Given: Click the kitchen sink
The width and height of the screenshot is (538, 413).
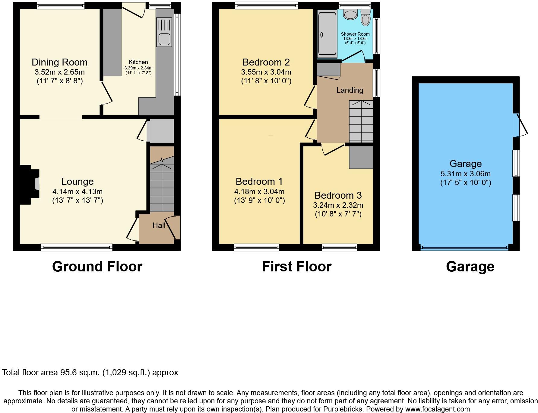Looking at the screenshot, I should click(x=164, y=32).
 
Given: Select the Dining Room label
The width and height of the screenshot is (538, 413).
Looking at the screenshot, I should click(x=60, y=62).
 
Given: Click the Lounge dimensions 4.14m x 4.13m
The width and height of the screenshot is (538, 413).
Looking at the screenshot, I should click(x=78, y=191).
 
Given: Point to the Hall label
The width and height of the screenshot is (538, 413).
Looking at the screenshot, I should click(x=159, y=225).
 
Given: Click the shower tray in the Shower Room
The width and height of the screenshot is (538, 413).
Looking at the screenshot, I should click(x=327, y=33).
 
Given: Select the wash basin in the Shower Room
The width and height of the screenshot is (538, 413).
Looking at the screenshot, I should click(x=350, y=14).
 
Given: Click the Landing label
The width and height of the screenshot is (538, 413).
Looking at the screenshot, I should click(x=350, y=90).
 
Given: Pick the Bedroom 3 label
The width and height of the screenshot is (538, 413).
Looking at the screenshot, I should click(x=338, y=195).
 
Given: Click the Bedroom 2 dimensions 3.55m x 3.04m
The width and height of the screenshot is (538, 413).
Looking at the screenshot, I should click(x=266, y=72).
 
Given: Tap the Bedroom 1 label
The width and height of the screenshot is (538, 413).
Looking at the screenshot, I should click(x=259, y=181).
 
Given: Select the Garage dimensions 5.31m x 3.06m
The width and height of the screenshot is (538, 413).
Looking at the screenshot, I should click(x=465, y=174).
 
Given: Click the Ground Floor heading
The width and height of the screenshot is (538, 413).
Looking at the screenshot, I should click(x=97, y=267).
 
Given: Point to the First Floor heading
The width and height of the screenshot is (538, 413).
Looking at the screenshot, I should click(x=296, y=267).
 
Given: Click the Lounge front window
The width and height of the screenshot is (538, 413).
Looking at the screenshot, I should click(x=77, y=248).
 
